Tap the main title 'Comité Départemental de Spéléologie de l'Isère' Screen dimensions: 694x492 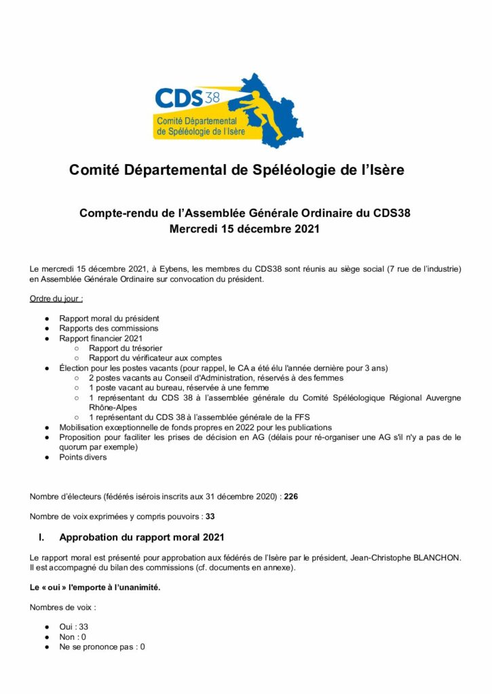[x=236, y=170]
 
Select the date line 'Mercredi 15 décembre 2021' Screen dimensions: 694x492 [x=244, y=229]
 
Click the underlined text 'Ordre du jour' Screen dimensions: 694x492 [x=56, y=299]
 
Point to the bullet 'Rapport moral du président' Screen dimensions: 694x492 [x=109, y=319]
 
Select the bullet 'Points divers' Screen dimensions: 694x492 [x=82, y=457]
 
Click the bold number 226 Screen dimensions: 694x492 [x=290, y=497]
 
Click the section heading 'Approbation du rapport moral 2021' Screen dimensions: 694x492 [x=141, y=538]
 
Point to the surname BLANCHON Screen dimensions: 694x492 [x=428, y=558]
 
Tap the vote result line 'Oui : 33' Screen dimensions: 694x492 [x=73, y=627]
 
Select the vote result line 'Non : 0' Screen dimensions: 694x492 [x=73, y=637]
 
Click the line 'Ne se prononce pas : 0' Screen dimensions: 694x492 [x=102, y=647]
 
